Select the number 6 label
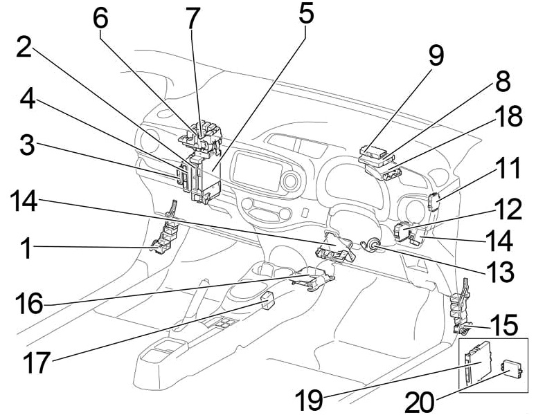click(x=102, y=19)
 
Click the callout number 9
click(x=436, y=56)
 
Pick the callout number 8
click(x=501, y=81)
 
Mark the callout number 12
click(x=509, y=207)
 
